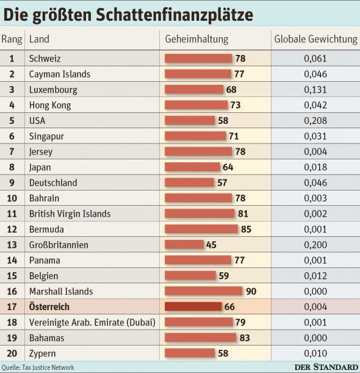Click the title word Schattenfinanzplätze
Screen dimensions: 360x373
click(x=175, y=15)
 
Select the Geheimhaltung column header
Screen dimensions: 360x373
click(x=196, y=39)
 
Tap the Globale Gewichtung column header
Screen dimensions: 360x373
click(x=316, y=39)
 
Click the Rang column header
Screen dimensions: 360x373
click(x=12, y=40)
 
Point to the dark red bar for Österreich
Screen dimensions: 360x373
click(x=193, y=306)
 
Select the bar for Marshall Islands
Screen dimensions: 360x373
click(x=204, y=291)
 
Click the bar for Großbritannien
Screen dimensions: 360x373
click(x=184, y=245)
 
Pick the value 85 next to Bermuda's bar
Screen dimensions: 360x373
click(x=246, y=230)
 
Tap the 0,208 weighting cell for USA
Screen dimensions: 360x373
click(x=315, y=121)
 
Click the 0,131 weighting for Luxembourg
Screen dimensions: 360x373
click(x=315, y=90)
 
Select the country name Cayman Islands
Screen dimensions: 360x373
click(x=60, y=74)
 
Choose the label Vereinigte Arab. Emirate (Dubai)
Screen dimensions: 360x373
click(x=92, y=322)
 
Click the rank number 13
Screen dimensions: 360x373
click(x=12, y=245)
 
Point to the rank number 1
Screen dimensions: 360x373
click(x=12, y=59)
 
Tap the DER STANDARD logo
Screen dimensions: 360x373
click(x=326, y=368)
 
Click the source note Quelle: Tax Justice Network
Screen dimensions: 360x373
click(x=38, y=368)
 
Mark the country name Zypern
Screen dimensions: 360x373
click(x=42, y=353)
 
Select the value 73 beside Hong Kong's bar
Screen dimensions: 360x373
click(x=236, y=105)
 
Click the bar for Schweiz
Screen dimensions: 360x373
click(x=198, y=59)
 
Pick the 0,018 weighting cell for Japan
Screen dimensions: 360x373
click(x=315, y=167)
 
